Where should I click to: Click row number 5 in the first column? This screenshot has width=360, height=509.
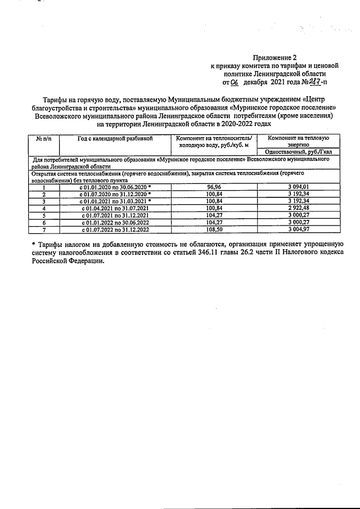[43, 215]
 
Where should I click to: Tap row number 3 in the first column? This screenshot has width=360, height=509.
[43, 201]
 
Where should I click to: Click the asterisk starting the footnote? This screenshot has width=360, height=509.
[33, 245]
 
